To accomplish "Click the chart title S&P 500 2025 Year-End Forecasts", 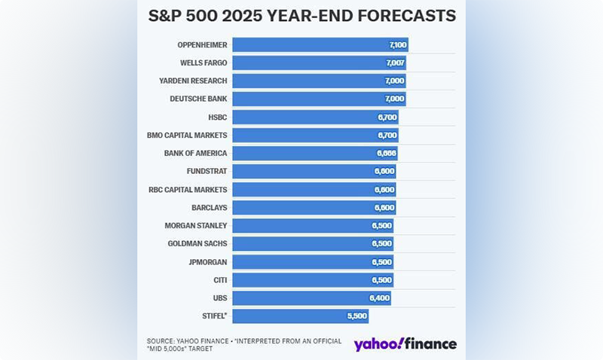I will [x=301, y=16].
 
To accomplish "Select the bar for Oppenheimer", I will [x=320, y=45].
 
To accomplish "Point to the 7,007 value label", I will [x=394, y=63].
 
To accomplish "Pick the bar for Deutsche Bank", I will [x=319, y=99].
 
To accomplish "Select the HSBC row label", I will [x=217, y=117].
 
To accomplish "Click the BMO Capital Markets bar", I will [x=315, y=136].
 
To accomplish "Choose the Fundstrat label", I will [x=207, y=172].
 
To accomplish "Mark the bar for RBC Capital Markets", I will [x=314, y=190].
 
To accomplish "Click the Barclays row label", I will [x=209, y=208].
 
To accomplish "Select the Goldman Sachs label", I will [x=197, y=244].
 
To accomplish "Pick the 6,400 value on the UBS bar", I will [x=378, y=298].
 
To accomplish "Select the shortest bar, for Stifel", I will [x=300, y=316].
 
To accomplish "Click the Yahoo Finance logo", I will [x=406, y=344].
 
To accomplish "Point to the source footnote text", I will [x=243, y=345].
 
